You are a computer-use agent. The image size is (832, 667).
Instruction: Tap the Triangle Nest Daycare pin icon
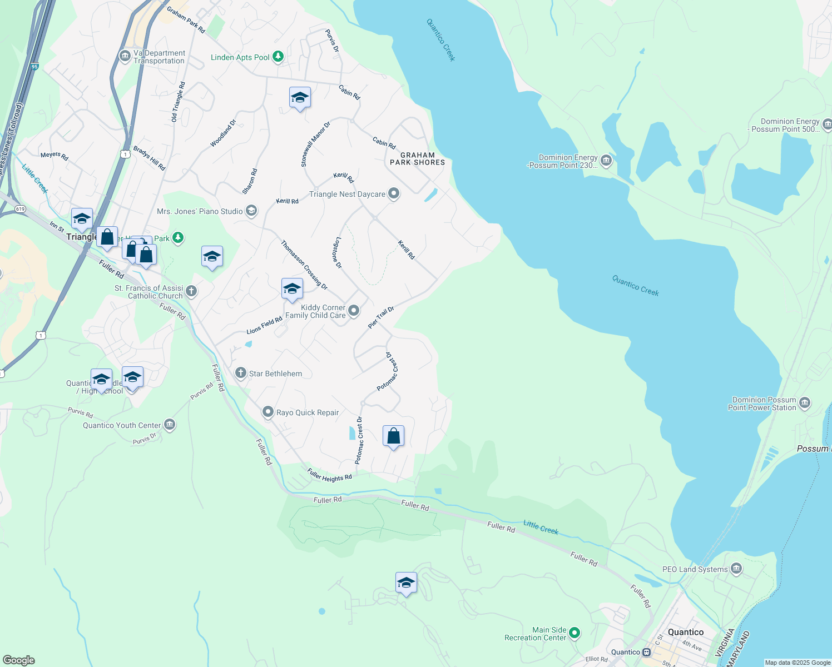tap(394, 193)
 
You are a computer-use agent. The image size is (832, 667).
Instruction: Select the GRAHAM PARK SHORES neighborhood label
tap(417, 159)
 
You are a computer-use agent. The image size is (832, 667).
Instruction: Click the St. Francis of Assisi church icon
tap(191, 291)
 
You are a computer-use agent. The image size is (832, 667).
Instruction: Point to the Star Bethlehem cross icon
tap(240, 373)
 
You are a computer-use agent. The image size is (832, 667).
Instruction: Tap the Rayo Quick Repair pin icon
tap(268, 412)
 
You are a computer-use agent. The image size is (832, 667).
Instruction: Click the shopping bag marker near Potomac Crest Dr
tap(393, 436)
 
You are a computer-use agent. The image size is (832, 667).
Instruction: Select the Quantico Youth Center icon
tap(170, 425)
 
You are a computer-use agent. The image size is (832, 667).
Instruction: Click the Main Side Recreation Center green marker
tap(575, 633)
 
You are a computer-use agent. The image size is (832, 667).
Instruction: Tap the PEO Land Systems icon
tap(736, 569)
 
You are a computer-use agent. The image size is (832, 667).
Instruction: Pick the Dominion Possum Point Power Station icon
tap(804, 403)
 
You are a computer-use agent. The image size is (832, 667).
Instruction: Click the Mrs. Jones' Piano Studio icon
tap(251, 211)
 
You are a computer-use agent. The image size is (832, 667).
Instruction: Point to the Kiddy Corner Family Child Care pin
tap(354, 311)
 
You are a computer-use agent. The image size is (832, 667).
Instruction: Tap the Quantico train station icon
tap(647, 652)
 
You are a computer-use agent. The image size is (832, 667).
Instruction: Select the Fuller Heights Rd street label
tap(329, 475)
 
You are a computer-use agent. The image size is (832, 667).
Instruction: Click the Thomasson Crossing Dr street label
tap(304, 265)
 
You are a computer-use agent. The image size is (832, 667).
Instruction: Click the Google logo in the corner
tap(18, 660)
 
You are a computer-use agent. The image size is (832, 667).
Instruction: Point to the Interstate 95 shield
tap(34, 67)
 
